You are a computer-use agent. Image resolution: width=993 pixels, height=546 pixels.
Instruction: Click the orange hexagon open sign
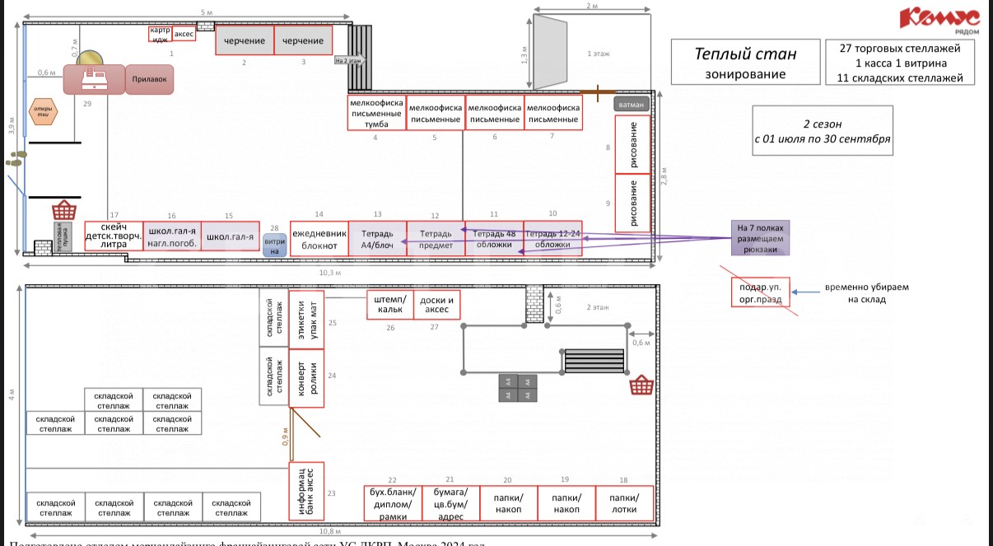coord(42,111)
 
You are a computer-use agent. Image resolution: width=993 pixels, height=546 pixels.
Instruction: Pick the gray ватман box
coord(632,105)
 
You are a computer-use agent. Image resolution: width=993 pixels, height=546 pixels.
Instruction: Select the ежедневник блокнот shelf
coord(319,239)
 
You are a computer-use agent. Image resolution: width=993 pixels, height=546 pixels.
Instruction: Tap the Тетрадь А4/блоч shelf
coord(377,239)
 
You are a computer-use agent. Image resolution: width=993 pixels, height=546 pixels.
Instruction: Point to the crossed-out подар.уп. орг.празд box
coord(760,292)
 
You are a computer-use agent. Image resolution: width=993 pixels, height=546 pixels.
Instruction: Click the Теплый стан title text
coord(745,54)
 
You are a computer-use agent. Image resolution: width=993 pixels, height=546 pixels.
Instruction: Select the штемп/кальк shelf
coord(389,304)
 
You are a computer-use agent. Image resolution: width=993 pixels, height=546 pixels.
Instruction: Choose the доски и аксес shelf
coord(436,304)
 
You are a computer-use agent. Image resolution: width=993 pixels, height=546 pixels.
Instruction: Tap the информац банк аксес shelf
coord(307,492)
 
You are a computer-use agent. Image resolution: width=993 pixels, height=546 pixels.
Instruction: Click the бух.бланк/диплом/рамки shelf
coord(393,504)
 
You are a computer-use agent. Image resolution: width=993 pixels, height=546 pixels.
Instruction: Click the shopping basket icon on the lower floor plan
coord(641,385)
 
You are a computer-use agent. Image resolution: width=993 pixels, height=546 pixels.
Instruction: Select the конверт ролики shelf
coord(306,382)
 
